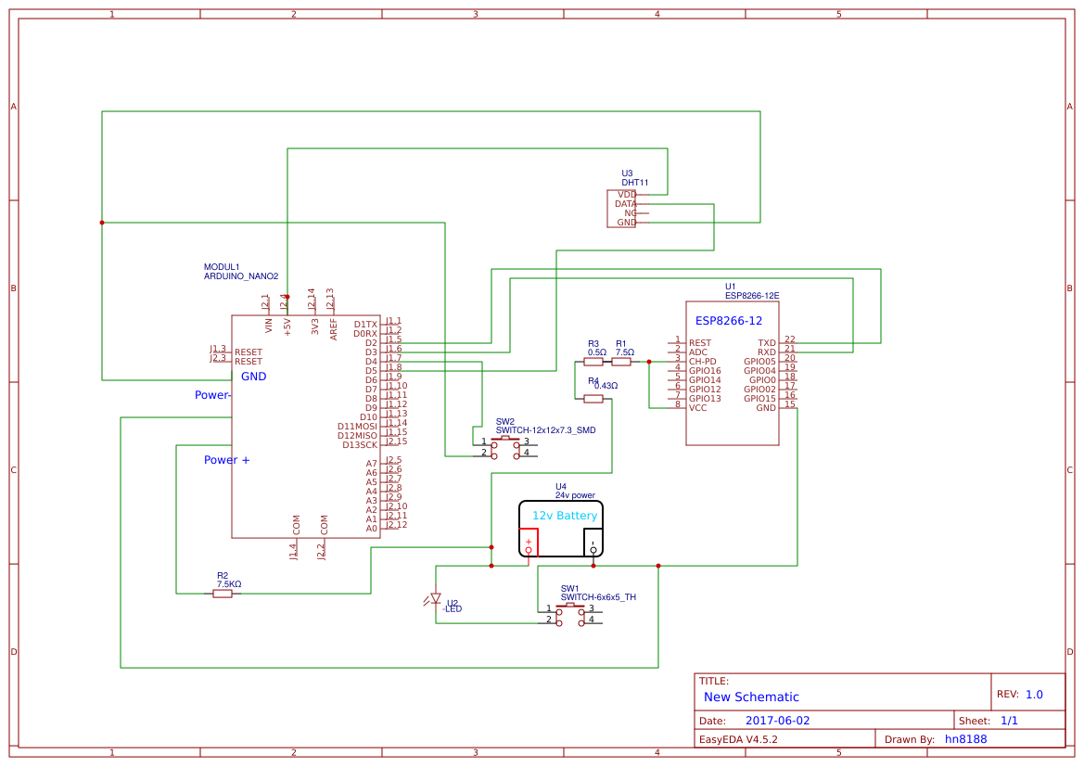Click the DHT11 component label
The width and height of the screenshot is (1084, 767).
635,184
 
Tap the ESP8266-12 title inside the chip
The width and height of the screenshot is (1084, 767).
729,321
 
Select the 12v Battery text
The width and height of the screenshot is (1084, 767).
564,516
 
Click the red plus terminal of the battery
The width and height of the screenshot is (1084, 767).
529,542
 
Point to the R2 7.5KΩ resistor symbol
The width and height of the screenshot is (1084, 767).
223,594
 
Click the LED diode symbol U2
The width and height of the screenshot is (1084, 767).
436,599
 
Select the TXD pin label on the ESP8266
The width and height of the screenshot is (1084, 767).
767,343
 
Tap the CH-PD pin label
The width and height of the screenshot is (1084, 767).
702,362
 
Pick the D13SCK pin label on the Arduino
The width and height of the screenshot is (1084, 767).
360,445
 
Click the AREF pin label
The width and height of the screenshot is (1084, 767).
334,328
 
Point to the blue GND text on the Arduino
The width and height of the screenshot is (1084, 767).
253,377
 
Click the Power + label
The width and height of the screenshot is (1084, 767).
226,460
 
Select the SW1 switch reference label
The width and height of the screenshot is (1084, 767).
569,589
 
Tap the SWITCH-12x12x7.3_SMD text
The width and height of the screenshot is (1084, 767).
545,430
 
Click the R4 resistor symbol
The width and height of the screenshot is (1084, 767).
593,399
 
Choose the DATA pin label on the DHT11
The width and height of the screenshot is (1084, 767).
626,204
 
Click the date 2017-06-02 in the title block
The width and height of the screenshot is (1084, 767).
777,721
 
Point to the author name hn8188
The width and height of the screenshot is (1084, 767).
965,739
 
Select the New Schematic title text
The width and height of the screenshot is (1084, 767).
751,697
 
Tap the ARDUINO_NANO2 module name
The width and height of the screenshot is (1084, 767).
241,276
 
